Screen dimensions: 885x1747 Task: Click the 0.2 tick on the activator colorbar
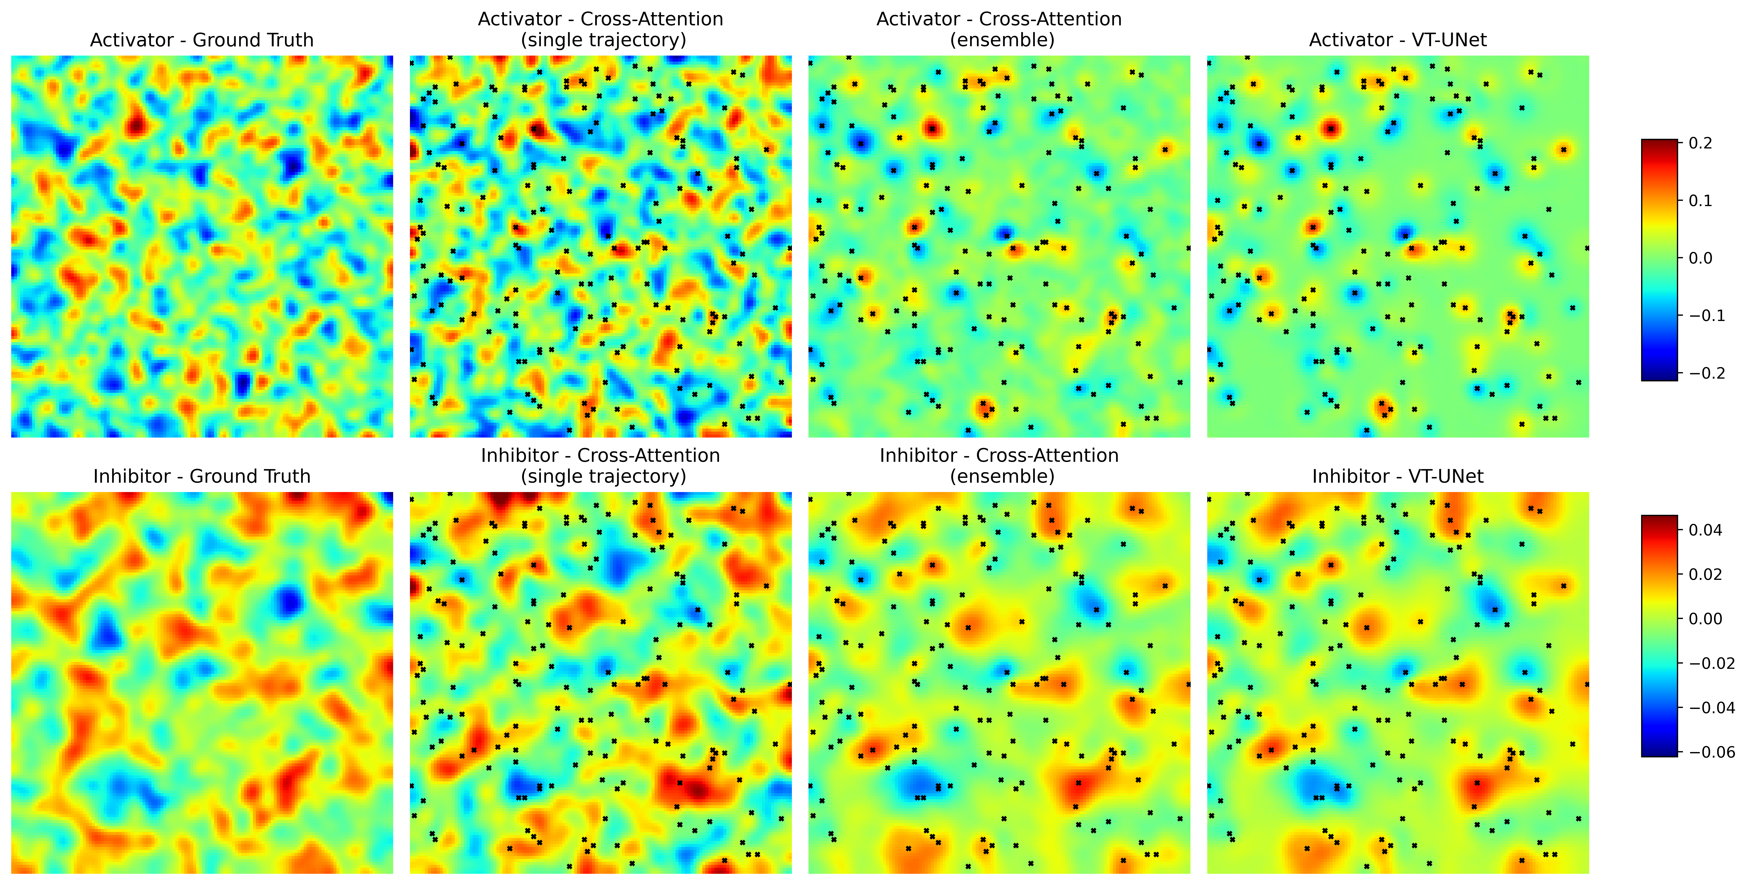pos(1700,143)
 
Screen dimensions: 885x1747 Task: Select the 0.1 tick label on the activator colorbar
pos(1700,201)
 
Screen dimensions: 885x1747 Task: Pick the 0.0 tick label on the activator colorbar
pos(1700,258)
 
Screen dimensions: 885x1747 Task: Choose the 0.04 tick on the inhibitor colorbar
pos(1705,530)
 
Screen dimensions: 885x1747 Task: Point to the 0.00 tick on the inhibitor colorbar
pos(1705,618)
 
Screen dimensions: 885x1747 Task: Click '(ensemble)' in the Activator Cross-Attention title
pos(1002,40)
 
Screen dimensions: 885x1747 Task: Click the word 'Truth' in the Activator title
pos(285,40)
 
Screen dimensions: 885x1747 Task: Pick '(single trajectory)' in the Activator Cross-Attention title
pos(603,40)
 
